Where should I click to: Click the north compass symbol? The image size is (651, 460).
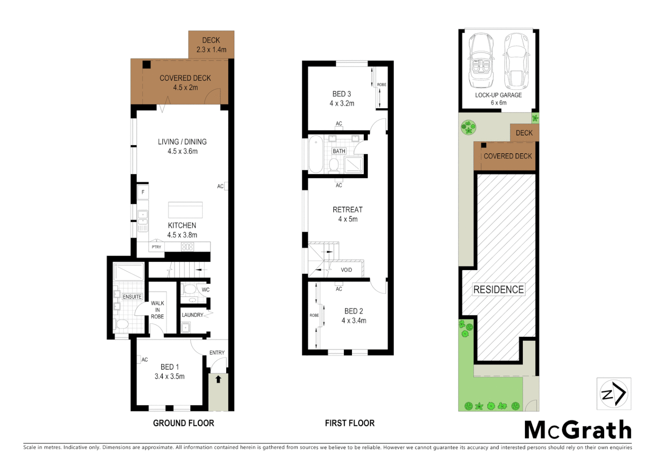614,394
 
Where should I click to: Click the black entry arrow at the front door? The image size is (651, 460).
218,379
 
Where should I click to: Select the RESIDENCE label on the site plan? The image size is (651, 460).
498,290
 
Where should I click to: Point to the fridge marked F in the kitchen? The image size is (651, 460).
143,192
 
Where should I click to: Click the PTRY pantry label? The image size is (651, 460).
156,247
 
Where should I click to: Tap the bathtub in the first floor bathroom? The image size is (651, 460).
316,154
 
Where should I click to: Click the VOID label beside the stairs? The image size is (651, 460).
346,270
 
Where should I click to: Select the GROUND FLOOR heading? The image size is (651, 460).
184,423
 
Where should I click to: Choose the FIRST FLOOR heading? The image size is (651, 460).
350,423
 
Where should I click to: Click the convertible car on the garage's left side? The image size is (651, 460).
481,60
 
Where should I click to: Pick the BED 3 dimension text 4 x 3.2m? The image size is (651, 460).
342,103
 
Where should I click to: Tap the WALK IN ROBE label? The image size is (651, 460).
157,310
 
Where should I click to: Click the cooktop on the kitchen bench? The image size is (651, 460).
187,247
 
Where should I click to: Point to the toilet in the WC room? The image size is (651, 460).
190,290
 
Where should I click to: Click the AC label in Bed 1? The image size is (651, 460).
144,359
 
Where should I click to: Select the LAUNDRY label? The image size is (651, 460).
193,315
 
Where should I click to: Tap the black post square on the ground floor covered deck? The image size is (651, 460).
147,65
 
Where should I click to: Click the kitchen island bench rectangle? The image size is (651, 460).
185,210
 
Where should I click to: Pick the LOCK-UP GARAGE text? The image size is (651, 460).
498,95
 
